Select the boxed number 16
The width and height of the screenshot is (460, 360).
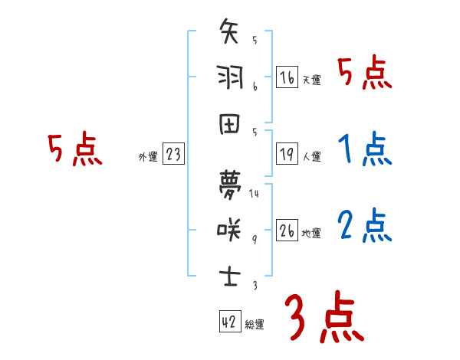tap(287, 77)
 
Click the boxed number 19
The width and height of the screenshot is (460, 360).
tap(287, 155)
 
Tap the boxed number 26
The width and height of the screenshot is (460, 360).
tap(287, 231)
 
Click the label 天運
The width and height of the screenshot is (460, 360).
tap(311, 80)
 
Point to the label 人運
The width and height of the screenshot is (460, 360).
tap(311, 157)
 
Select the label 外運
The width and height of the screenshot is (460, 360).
tap(147, 157)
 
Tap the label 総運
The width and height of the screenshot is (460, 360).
tap(255, 325)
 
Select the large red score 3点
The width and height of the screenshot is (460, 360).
tap(324, 318)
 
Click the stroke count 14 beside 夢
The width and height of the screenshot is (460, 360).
tap(254, 193)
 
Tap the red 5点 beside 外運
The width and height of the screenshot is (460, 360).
tap(74, 150)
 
